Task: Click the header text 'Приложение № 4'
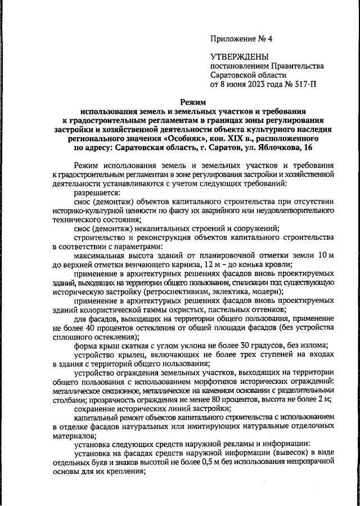tap(241, 39)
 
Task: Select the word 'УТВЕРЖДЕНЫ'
tap(239, 57)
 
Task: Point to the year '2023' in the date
tap(251, 85)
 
